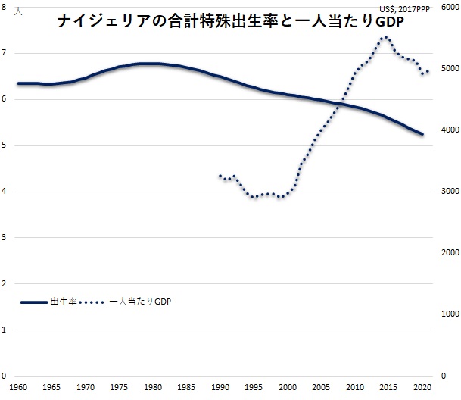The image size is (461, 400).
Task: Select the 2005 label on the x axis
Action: coord(321,386)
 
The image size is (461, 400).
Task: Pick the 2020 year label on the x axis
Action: coord(422,386)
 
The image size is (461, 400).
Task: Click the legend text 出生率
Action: coord(64,302)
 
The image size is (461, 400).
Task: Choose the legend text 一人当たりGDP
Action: coord(141,302)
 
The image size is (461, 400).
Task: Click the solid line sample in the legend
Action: coord(33,302)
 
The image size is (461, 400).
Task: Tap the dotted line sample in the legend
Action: coord(92,302)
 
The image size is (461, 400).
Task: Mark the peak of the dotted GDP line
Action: coord(386,37)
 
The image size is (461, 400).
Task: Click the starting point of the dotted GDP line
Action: coord(220,176)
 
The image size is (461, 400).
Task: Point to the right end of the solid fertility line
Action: coord(422,134)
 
